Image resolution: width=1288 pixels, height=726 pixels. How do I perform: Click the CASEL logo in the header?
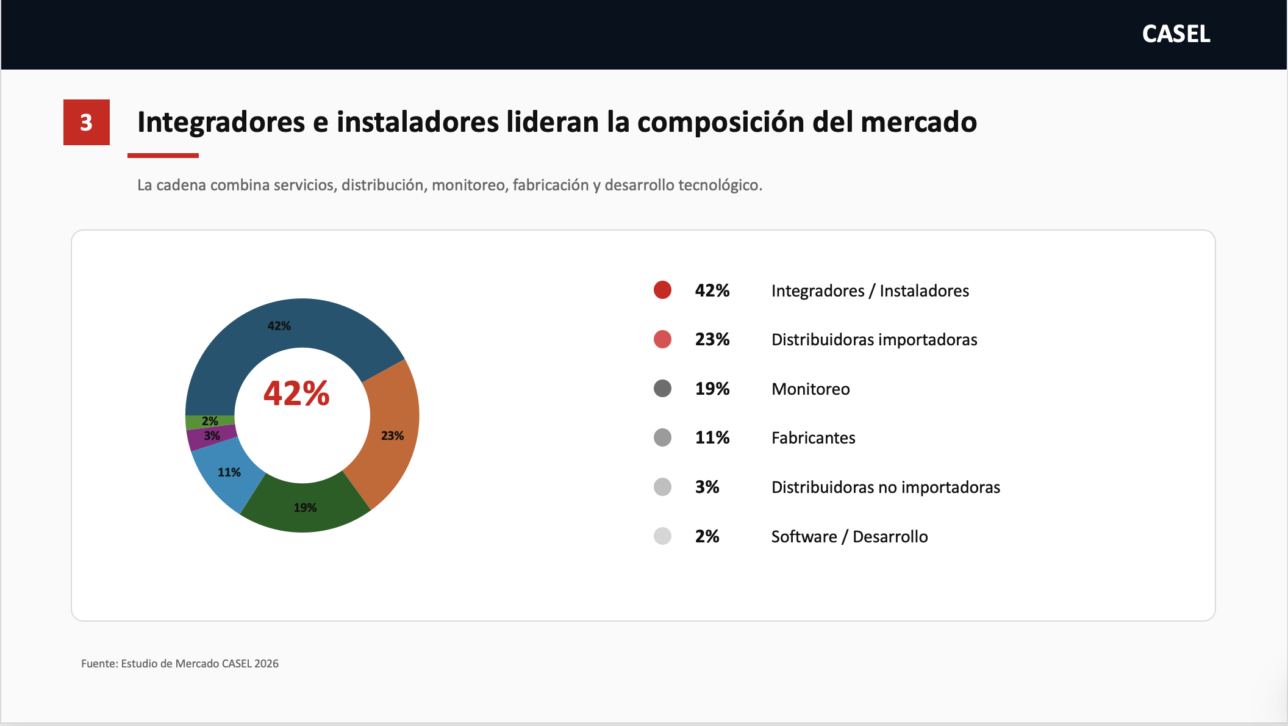[1176, 34]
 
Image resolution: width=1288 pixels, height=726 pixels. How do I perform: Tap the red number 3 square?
[87, 122]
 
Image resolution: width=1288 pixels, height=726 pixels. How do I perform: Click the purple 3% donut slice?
[211, 437]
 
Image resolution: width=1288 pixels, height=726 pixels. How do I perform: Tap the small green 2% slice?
[210, 422]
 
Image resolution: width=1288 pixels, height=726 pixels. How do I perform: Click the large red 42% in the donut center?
[296, 393]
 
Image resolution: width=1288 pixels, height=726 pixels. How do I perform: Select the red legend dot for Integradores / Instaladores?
[662, 290]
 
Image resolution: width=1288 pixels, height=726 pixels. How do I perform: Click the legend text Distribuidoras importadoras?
[874, 340]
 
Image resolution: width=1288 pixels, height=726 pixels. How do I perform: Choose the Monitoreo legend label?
[810, 389]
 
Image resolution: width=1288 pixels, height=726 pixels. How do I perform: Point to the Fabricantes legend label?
[813, 438]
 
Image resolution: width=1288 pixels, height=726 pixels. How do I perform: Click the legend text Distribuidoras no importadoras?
[885, 487]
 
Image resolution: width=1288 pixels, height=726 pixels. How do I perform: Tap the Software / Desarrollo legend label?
[850, 536]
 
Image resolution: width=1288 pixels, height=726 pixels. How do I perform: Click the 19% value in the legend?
[712, 389]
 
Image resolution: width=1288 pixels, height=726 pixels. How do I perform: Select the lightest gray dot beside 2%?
[662, 536]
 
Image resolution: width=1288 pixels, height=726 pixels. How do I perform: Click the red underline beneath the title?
[163, 156]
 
